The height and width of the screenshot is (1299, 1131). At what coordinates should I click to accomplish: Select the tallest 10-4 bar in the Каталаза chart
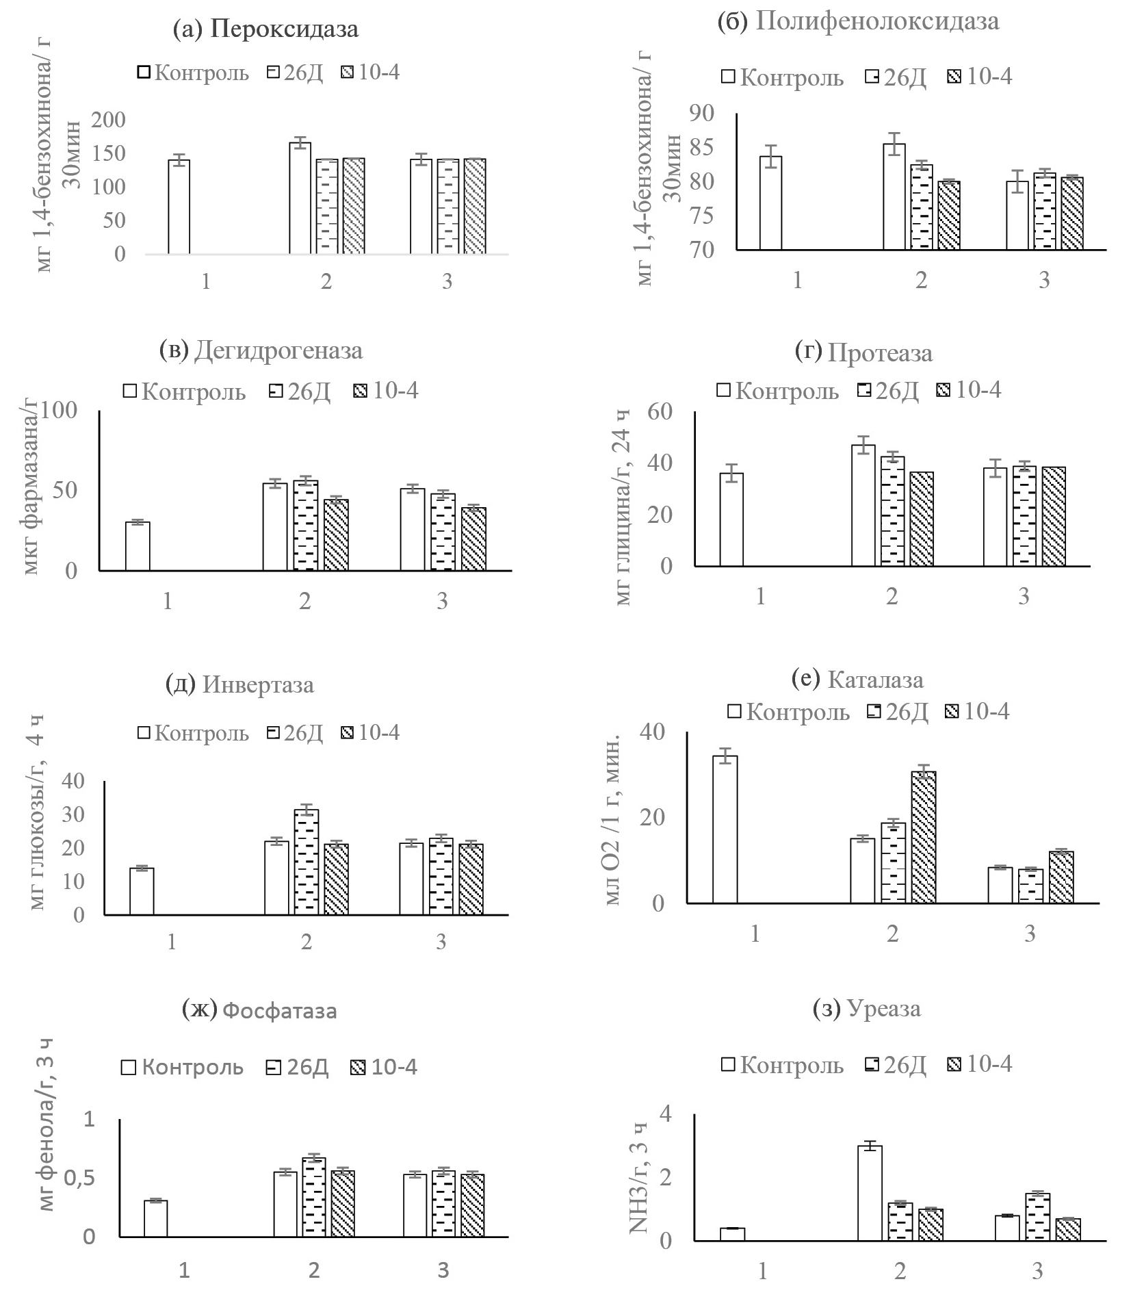pyautogui.click(x=923, y=837)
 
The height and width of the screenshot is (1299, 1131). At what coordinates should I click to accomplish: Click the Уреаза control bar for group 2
pyautogui.click(x=870, y=1193)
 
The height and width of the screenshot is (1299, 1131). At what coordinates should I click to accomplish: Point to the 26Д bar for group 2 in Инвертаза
pyautogui.click(x=306, y=862)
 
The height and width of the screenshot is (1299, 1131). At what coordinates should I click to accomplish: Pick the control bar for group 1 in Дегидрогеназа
pyautogui.click(x=138, y=546)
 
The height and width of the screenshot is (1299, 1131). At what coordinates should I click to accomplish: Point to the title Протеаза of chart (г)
pyautogui.click(x=879, y=353)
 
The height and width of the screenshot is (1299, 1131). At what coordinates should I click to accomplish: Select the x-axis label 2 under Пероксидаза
pyautogui.click(x=326, y=281)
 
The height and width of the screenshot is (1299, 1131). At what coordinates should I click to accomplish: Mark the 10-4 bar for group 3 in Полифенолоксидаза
pyautogui.click(x=1072, y=214)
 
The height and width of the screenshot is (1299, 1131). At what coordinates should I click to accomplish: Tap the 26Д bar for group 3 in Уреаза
pyautogui.click(x=1038, y=1216)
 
